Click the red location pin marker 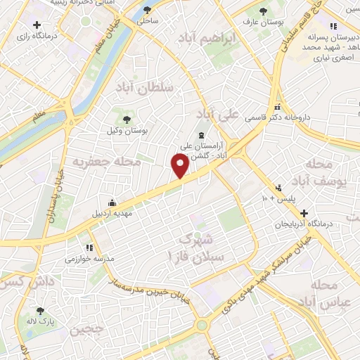pos(180,166)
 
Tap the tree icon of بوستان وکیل pos(126,119)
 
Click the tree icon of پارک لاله pos(40,310)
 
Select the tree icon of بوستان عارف pos(263,11)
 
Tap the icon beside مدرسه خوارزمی pos(89,247)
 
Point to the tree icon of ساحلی pos(147,10)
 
